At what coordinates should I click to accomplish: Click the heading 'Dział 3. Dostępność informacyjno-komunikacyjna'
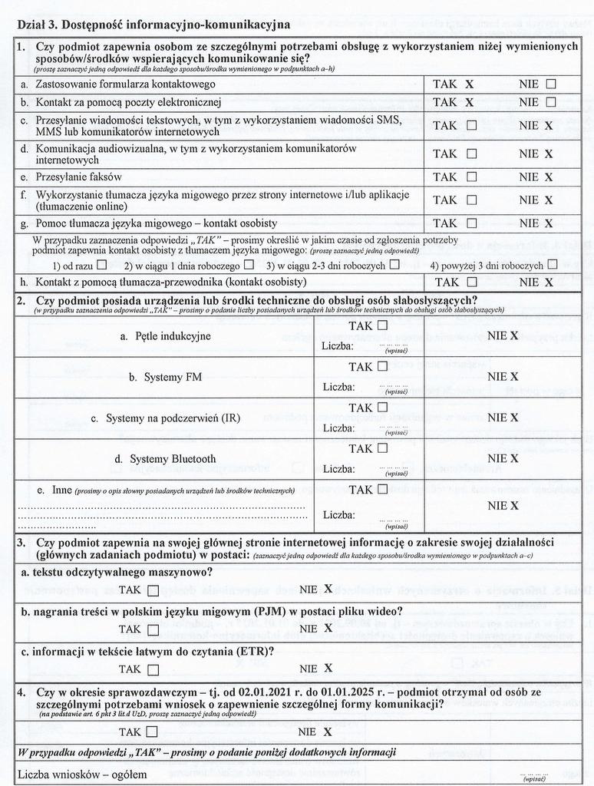click(153, 25)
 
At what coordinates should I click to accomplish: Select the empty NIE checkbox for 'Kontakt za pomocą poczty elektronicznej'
click(551, 102)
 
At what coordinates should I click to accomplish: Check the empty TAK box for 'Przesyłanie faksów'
click(471, 177)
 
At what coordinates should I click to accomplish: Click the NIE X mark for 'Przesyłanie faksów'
click(549, 177)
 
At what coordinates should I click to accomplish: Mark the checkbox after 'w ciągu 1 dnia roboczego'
click(249, 266)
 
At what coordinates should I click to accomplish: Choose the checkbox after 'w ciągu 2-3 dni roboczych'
click(394, 265)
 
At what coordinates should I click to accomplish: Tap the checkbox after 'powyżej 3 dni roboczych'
click(552, 265)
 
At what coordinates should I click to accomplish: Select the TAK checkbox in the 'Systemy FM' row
click(382, 366)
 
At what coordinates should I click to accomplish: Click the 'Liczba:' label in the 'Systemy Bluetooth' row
click(338, 469)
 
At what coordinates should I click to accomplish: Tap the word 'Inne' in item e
click(61, 490)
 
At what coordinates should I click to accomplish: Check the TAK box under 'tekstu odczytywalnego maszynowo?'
click(153, 590)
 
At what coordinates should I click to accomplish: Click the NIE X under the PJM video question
click(328, 628)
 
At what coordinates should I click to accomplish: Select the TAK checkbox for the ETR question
click(153, 669)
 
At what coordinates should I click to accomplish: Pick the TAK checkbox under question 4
click(152, 732)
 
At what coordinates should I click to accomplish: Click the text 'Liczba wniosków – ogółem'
click(82, 774)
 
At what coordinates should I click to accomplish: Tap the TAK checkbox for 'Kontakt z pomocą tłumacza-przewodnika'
click(471, 282)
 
